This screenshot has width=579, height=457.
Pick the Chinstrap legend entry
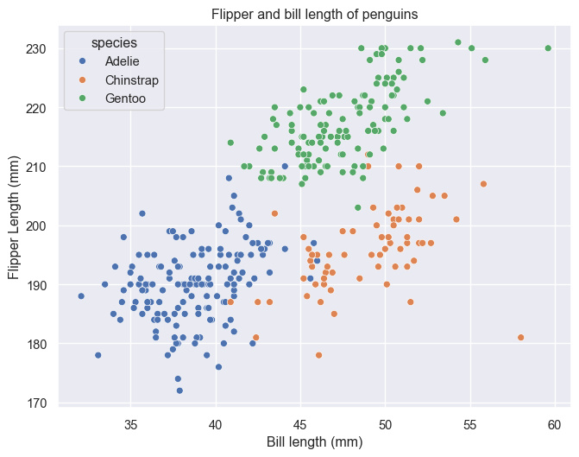coord(130,80)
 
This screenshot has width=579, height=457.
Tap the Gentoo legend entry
coord(125,98)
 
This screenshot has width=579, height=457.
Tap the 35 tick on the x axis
coord(131,424)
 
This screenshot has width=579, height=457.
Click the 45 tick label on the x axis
coord(301,424)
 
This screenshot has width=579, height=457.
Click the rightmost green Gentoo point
coord(548,48)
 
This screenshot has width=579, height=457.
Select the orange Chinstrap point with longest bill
coord(521,337)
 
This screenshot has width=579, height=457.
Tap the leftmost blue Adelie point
coord(81,295)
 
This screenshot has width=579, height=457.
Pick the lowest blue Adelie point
coord(179,390)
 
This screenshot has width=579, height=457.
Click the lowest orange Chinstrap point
coord(318,355)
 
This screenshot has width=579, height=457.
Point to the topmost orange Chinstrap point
coord(483,184)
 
